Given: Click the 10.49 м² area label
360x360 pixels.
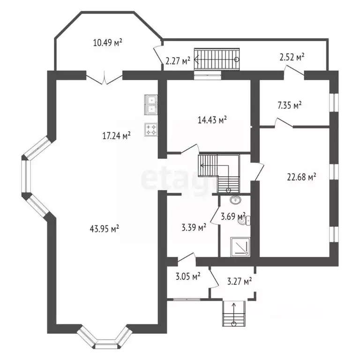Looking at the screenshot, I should (108, 43).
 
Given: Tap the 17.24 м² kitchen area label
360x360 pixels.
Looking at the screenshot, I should (116, 135).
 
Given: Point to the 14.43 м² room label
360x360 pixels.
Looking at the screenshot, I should (212, 120).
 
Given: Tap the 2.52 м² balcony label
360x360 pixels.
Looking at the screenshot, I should (292, 57).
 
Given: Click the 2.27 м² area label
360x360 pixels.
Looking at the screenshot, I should (178, 60).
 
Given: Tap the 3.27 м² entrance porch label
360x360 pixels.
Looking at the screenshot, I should (239, 281).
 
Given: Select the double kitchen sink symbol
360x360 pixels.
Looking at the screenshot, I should (152, 105).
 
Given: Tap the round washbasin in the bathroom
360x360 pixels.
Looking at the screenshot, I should (234, 200).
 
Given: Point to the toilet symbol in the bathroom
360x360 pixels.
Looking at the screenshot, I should (244, 220).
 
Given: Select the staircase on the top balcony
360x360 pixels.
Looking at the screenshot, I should (217, 59).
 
